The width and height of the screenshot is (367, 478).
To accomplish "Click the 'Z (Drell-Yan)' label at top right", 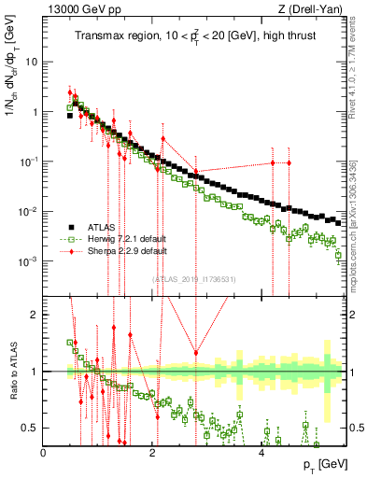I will click(x=308, y=8).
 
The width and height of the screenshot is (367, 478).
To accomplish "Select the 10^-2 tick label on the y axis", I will click(x=31, y=210).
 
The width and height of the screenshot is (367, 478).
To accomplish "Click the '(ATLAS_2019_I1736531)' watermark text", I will click(x=193, y=278).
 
